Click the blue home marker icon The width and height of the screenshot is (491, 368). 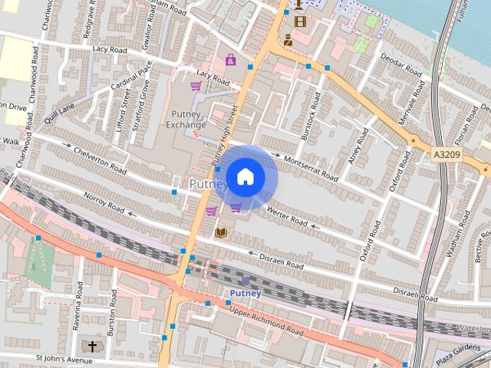(245, 176)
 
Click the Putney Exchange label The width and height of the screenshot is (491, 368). (186, 120)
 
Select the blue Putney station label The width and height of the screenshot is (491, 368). (245, 293)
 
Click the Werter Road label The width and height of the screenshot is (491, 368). (287, 216)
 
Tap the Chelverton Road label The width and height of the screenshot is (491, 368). (100, 156)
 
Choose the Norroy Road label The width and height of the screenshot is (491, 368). (104, 202)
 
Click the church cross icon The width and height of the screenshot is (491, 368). (93, 347)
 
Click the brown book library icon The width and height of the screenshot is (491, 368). (221, 232)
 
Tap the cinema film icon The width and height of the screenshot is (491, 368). (299, 21)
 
